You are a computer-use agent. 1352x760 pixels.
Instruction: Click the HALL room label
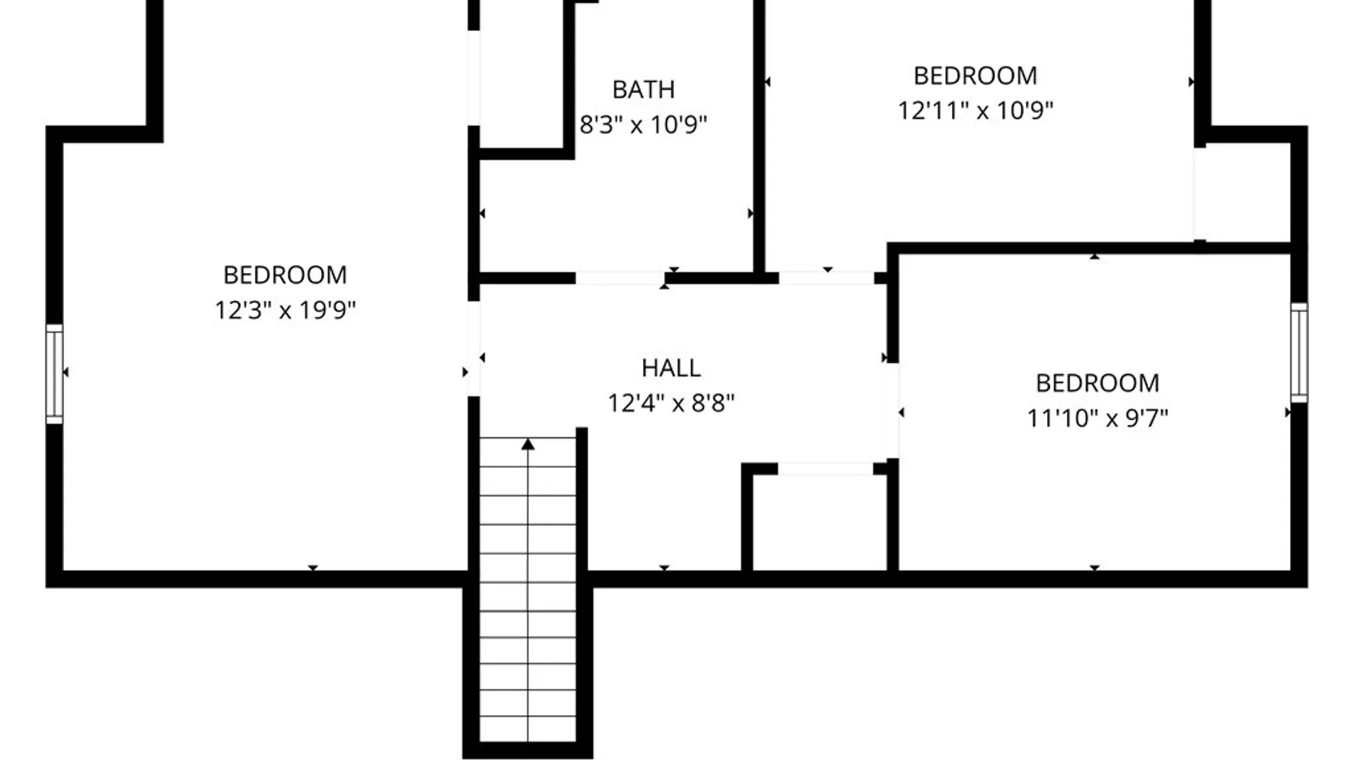pyautogui.click(x=670, y=368)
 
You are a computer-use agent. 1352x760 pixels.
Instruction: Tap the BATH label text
pyautogui.click(x=643, y=90)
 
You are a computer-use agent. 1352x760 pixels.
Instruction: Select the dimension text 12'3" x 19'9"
pyautogui.click(x=285, y=310)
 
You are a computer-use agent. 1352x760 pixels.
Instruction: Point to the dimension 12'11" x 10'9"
pyautogui.click(x=975, y=110)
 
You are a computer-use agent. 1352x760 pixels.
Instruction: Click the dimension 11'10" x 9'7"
pyautogui.click(x=1097, y=418)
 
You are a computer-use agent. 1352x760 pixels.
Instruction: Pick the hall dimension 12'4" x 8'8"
pyautogui.click(x=670, y=403)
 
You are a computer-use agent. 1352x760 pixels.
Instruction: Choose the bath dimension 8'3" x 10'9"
pyautogui.click(x=643, y=125)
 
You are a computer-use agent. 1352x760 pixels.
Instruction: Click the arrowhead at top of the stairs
pyautogui.click(x=528, y=444)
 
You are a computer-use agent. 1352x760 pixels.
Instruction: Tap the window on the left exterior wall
pyautogui.click(x=54, y=374)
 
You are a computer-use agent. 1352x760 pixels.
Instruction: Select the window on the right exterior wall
pyautogui.click(x=1299, y=353)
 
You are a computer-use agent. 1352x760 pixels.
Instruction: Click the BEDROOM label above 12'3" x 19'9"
pyautogui.click(x=285, y=275)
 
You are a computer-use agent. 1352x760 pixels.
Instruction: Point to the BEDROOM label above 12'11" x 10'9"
pyautogui.click(x=975, y=76)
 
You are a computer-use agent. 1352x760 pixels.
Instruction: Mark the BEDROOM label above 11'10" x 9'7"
pyautogui.click(x=1097, y=384)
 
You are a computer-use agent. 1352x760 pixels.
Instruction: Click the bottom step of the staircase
pyautogui.click(x=528, y=729)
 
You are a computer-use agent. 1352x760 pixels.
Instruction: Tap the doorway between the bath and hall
pyautogui.click(x=620, y=278)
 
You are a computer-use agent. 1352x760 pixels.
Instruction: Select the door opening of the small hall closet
pyautogui.click(x=825, y=469)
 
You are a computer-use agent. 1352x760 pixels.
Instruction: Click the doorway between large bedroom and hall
pyautogui.click(x=474, y=348)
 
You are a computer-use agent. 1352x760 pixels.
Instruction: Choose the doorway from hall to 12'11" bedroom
pyautogui.click(x=826, y=278)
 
